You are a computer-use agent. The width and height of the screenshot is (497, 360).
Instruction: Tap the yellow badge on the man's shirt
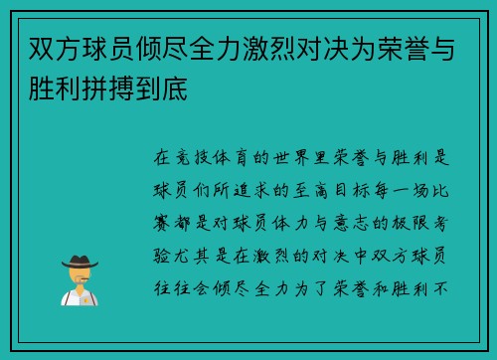click(x=85, y=295)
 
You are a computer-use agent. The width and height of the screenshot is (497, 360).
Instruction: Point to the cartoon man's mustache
click(x=79, y=277)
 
